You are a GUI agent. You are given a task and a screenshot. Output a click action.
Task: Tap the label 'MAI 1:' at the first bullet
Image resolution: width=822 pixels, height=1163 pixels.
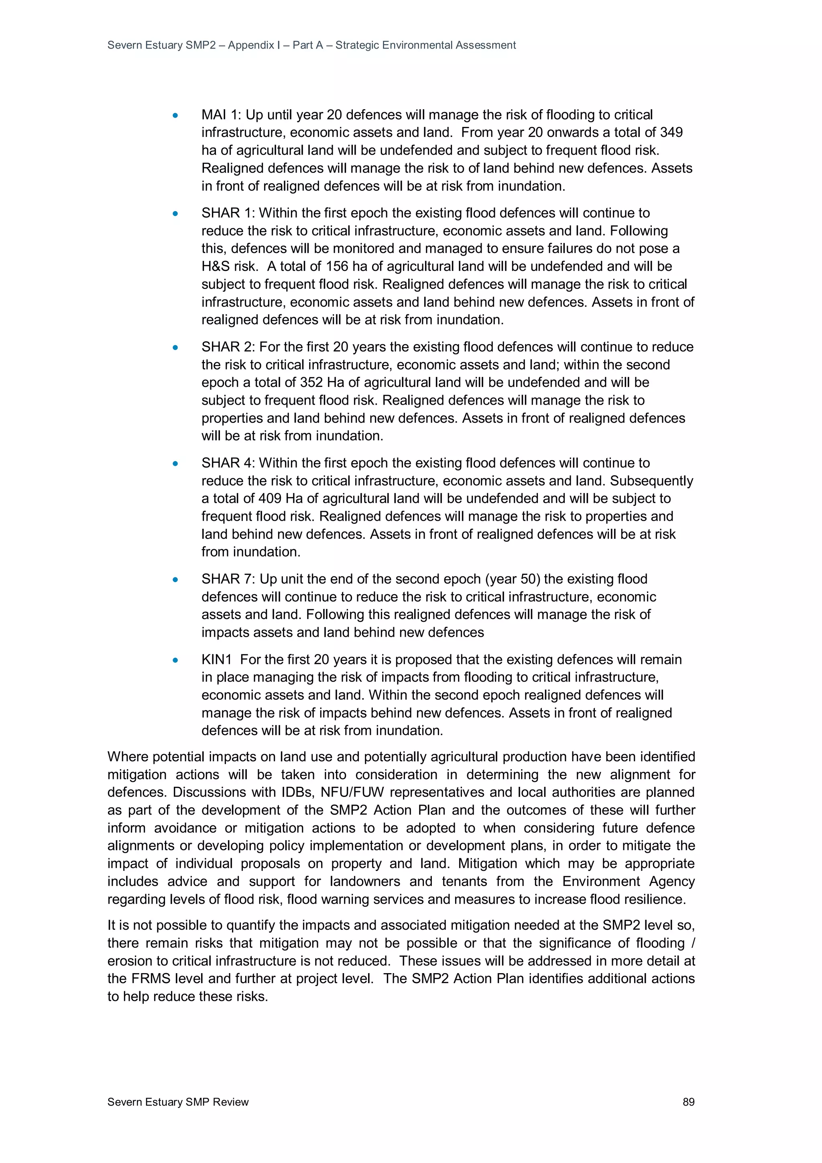(x=221, y=114)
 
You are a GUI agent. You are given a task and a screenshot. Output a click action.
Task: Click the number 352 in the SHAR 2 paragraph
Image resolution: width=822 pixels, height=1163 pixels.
(x=311, y=383)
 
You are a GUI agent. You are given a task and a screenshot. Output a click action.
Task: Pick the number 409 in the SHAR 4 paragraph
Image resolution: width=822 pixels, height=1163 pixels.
(x=270, y=499)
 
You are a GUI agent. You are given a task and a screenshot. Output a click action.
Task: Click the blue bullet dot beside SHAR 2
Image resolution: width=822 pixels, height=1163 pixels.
(x=175, y=348)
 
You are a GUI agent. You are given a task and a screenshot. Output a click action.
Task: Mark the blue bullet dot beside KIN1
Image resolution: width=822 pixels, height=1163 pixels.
(x=175, y=660)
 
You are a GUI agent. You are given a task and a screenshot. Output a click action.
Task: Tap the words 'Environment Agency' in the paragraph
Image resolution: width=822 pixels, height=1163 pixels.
(x=629, y=881)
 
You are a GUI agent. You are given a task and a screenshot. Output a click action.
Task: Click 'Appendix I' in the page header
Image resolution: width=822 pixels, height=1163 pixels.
(x=254, y=45)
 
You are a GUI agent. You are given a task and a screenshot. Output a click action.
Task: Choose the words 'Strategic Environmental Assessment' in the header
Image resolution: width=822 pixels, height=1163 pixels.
(x=425, y=45)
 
